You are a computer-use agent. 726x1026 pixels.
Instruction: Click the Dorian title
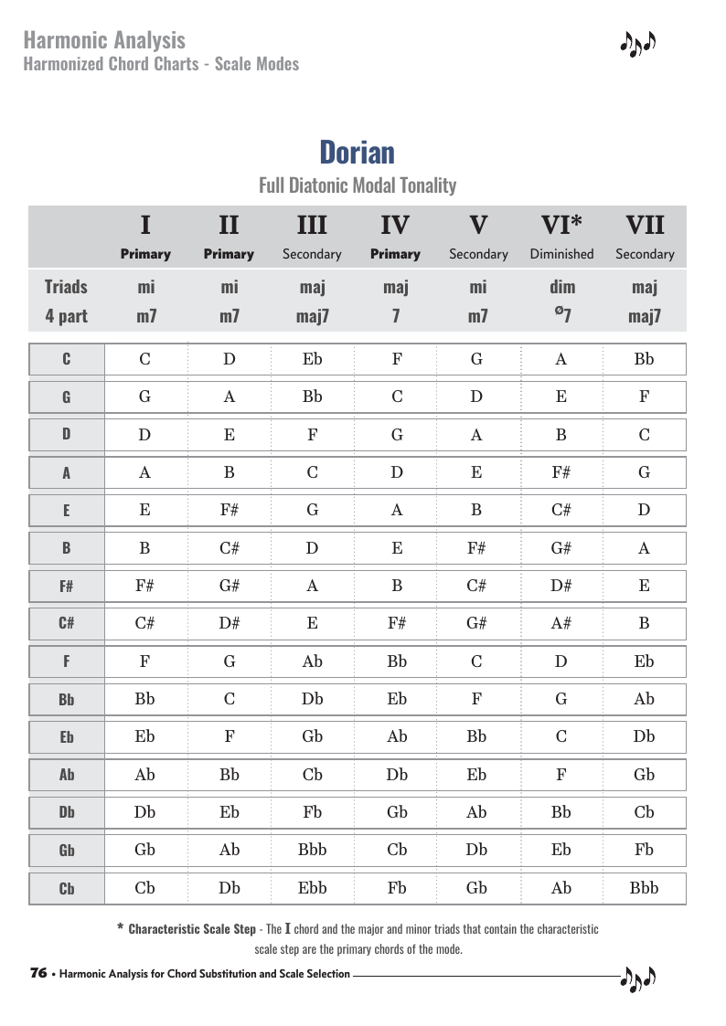357,152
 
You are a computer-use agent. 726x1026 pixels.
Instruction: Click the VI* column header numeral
561,225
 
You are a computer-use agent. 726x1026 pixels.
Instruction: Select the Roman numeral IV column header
395,225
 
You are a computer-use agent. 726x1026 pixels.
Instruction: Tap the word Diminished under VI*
561,254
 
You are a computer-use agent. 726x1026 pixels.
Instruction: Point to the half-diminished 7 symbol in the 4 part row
561,316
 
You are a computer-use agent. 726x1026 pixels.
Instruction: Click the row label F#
67,587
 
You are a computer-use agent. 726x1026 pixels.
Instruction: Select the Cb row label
67,888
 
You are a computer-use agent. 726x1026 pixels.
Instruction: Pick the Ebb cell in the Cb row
312,887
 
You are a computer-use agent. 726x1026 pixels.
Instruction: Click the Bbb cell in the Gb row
312,849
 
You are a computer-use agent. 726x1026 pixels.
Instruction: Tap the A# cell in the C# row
561,624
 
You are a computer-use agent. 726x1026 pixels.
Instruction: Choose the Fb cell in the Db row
312,811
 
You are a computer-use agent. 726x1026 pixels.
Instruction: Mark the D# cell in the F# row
561,586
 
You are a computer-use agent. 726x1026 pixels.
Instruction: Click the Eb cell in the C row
312,358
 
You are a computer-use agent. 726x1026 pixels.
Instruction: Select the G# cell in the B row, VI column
561,548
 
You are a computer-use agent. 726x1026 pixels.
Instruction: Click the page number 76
38,973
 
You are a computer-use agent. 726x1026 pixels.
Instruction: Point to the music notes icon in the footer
638,978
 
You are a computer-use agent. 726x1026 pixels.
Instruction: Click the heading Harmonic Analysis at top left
104,40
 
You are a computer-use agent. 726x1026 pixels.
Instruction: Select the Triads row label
66,287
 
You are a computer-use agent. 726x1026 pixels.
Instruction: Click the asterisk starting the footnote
121,928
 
